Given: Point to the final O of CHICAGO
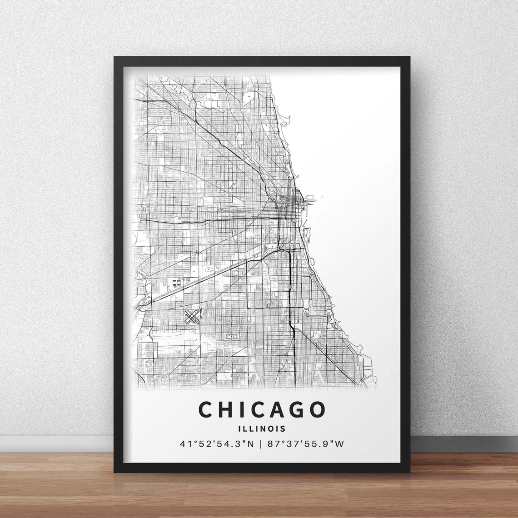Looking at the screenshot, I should point(317,409).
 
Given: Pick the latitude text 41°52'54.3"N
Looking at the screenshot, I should point(216,443).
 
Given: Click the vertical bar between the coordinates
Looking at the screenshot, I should point(261,443).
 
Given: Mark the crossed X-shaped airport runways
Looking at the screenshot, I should point(192,316).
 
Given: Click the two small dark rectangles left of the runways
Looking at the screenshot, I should point(176,282).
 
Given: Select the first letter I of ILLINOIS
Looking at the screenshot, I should point(239,428).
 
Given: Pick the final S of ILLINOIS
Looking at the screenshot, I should point(284,428).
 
